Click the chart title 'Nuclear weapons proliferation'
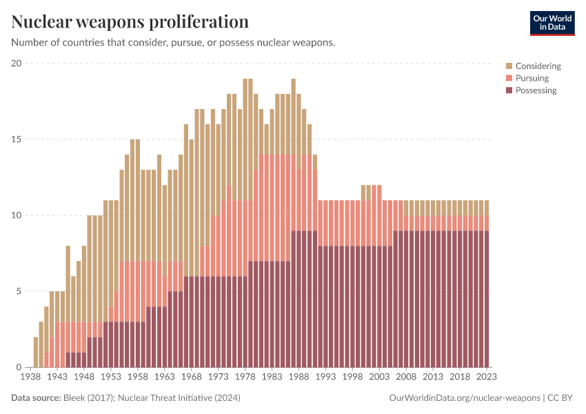point(130,21)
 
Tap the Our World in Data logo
point(552,23)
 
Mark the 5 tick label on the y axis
point(19,291)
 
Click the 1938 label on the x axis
point(30,377)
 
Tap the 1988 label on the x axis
point(299,377)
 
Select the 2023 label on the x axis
point(486,377)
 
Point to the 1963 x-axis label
point(165,377)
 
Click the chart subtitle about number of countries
point(173,43)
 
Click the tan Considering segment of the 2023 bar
point(486,208)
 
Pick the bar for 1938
point(35,352)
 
